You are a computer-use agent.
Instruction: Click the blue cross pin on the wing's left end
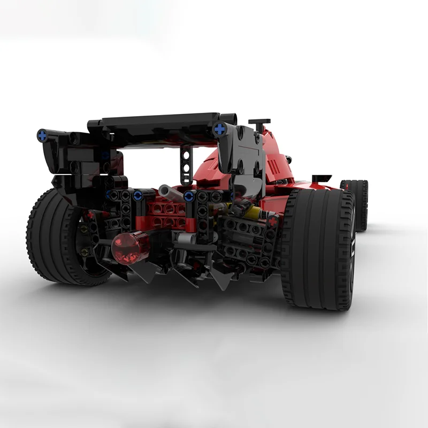pos(41,133)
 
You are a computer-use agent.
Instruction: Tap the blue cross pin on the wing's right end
pos(219,128)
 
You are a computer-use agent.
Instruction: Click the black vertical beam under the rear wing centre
pos(185,163)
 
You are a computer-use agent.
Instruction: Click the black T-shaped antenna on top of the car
pos(259,123)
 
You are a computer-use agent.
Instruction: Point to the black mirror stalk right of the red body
pos(321,178)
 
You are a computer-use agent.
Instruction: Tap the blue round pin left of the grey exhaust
pos(137,195)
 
